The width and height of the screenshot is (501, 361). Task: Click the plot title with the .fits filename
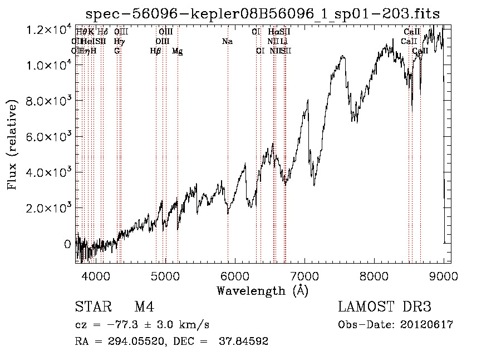point(267,14)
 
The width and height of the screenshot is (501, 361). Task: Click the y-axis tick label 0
point(67,244)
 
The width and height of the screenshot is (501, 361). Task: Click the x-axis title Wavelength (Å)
point(262,290)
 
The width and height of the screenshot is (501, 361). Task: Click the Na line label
point(227,41)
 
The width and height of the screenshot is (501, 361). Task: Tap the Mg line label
point(177,51)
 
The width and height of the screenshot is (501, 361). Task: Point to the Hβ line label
point(156,51)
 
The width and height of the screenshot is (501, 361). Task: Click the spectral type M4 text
point(144,307)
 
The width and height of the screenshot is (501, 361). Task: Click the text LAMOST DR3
point(385,307)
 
